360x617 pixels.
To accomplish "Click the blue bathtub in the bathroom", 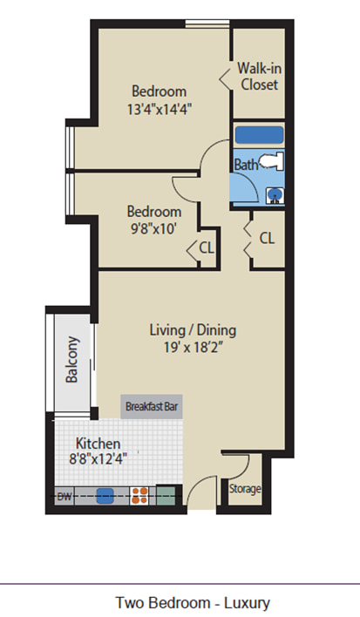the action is tap(259, 135).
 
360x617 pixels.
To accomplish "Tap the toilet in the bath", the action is tap(272, 161).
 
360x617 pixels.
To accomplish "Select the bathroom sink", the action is tap(275, 195).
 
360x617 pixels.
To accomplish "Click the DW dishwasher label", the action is tap(65, 496).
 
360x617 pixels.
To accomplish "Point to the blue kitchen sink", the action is tap(105, 496).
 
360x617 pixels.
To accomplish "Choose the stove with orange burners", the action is tap(139, 496).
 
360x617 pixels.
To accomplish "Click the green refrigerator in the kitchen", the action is tap(166, 496).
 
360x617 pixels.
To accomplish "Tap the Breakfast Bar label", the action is tap(152, 406).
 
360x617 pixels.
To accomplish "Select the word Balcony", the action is tap(72, 359).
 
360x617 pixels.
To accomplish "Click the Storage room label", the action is tap(245, 489).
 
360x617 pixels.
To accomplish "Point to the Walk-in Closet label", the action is tap(259, 77).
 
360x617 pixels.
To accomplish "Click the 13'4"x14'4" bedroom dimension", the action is tap(160, 109).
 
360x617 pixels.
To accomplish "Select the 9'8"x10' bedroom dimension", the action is tap(153, 228).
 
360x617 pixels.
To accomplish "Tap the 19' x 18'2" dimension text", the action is tap(194, 348).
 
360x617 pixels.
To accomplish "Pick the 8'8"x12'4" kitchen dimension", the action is tap(98, 459).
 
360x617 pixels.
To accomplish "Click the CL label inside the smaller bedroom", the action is tap(207, 247).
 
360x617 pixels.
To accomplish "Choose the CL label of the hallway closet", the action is tap(267, 238).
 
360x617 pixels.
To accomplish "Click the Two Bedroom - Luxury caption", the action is tap(193, 603).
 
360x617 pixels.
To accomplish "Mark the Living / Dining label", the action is tap(193, 330).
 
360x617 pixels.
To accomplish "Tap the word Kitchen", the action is tap(98, 444).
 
